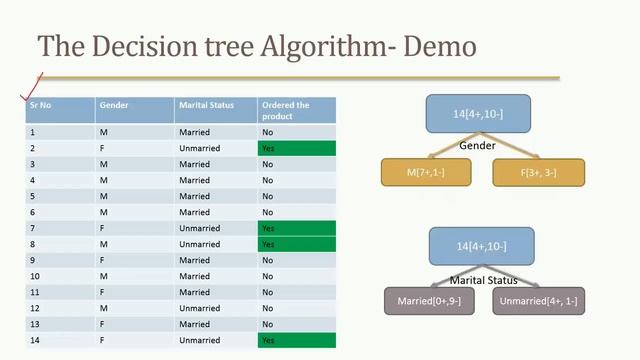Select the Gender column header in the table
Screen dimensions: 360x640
point(113,105)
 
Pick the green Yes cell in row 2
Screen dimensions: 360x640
point(295,148)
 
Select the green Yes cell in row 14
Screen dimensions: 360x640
point(295,340)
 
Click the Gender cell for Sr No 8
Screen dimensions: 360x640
point(103,244)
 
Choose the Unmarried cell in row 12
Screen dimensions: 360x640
point(199,308)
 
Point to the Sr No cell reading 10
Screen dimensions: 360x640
point(35,276)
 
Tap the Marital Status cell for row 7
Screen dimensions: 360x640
point(199,228)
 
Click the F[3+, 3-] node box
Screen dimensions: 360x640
point(538,172)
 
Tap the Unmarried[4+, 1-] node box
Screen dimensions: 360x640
point(541,301)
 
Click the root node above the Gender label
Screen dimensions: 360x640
point(479,114)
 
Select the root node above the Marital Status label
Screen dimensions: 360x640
point(481,246)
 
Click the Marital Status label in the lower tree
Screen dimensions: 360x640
point(482,279)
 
